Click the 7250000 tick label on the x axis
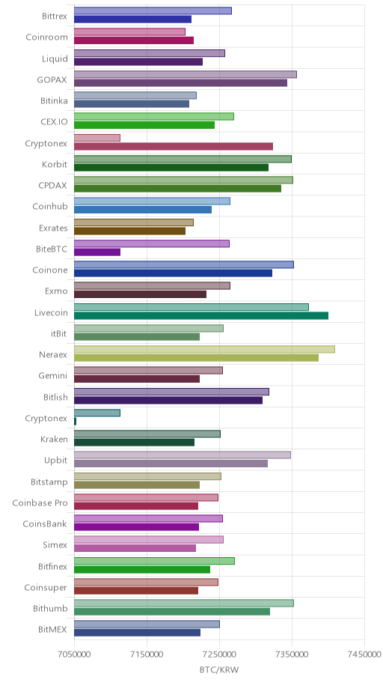pyautogui.click(x=219, y=655)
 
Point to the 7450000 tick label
pyautogui.click(x=365, y=655)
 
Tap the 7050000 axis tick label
pyautogui.click(x=74, y=655)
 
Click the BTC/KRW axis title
pyautogui.click(x=219, y=670)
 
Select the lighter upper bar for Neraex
pyautogui.click(x=204, y=349)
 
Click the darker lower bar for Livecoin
pyautogui.click(x=201, y=315)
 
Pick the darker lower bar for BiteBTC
pyautogui.click(x=97, y=252)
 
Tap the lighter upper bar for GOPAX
pyautogui.click(x=186, y=74)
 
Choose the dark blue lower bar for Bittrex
pyautogui.click(x=132, y=19)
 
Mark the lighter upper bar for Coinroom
pyautogui.click(x=129, y=31)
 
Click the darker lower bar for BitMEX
pyautogui.click(x=137, y=633)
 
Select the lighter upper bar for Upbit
pyautogui.click(x=183, y=455)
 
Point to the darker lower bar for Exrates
pyautogui.click(x=129, y=231)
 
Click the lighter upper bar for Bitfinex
pyautogui.click(x=155, y=561)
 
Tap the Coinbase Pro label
pyautogui.click(x=40, y=503)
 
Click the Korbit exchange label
pyautogui.click(x=55, y=165)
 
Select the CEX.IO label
pyautogui.click(x=55, y=122)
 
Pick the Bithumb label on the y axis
pyautogui.click(x=50, y=609)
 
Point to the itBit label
pyautogui.click(x=59, y=334)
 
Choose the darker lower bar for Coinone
pyautogui.click(x=174, y=273)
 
